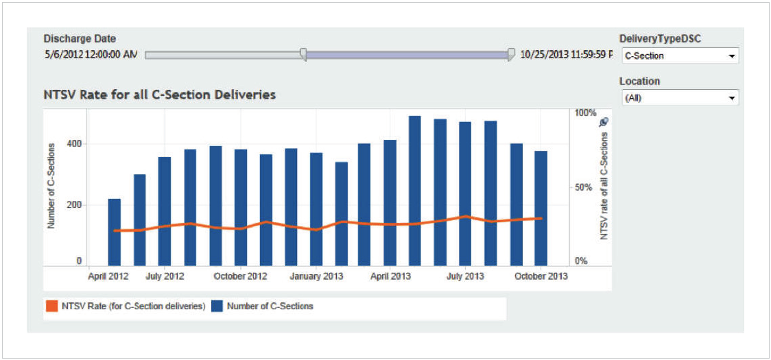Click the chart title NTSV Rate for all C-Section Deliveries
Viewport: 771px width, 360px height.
[159, 95]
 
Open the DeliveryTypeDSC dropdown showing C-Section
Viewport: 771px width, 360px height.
[679, 56]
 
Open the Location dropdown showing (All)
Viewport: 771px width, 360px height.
[679, 98]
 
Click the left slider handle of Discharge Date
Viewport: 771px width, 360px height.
[303, 55]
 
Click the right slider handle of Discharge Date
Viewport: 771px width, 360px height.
[511, 55]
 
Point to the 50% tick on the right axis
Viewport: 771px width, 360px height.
[582, 187]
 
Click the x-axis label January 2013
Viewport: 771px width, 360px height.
[316, 276]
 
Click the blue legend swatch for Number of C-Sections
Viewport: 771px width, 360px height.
[217, 307]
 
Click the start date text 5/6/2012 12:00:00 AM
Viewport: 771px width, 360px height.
[91, 54]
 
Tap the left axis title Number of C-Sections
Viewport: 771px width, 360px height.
[51, 186]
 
